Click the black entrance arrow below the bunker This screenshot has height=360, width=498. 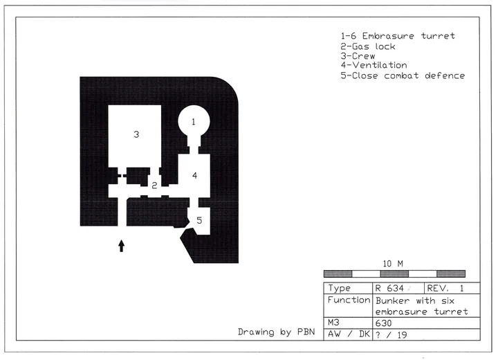(x=121, y=246)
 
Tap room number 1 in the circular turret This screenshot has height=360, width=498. (x=194, y=121)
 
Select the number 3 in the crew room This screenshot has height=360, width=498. (x=136, y=134)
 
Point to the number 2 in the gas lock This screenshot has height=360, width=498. (x=154, y=186)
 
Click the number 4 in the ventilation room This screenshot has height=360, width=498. (x=194, y=175)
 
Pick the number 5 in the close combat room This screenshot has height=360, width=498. (x=199, y=220)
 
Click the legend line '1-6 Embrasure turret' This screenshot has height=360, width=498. (x=398, y=36)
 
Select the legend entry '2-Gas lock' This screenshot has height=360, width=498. (x=368, y=46)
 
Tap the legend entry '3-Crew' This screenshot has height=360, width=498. (x=358, y=56)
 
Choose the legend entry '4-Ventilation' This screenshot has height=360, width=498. (x=373, y=65)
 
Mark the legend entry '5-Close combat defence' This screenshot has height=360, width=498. (x=403, y=75)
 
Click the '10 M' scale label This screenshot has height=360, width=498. (x=393, y=264)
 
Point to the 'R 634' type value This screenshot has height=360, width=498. (x=389, y=289)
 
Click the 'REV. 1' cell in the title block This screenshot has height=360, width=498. (x=445, y=289)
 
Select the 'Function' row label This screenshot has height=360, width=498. (x=349, y=300)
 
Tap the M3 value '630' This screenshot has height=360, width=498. (x=383, y=323)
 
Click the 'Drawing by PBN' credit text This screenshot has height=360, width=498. (x=276, y=332)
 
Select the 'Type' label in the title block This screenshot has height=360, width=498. (x=339, y=289)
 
